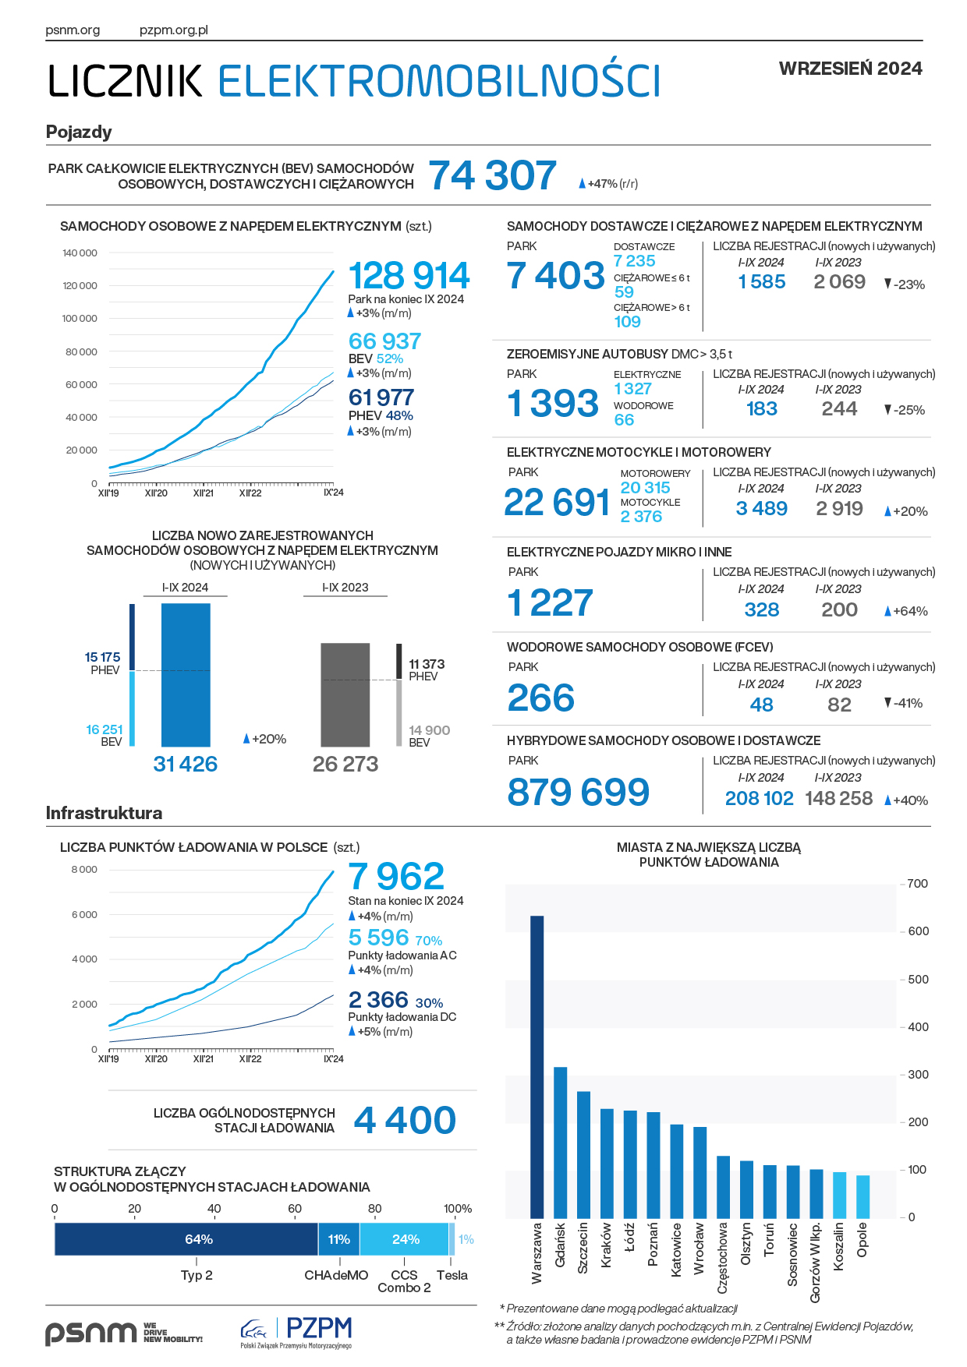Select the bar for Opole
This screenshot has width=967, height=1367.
click(863, 1196)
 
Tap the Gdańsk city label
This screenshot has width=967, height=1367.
click(560, 1245)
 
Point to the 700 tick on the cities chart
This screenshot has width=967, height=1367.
click(917, 884)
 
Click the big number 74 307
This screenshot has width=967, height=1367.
click(493, 175)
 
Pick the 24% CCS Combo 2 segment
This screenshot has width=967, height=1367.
click(404, 1239)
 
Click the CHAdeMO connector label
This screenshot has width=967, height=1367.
click(336, 1275)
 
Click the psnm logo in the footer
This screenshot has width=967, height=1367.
click(90, 1333)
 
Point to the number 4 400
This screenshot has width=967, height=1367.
click(405, 1121)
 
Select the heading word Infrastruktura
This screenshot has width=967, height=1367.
click(104, 813)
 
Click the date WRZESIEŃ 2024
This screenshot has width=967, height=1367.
click(850, 69)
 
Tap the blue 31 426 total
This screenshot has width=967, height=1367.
click(186, 764)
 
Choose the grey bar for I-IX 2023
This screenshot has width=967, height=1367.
click(345, 694)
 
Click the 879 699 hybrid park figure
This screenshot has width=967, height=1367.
click(578, 792)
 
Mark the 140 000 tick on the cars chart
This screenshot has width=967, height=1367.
click(80, 253)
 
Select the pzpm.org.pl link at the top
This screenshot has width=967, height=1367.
click(173, 30)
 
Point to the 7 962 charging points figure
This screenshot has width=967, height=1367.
click(396, 876)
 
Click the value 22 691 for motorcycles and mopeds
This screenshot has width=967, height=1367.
click(557, 503)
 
